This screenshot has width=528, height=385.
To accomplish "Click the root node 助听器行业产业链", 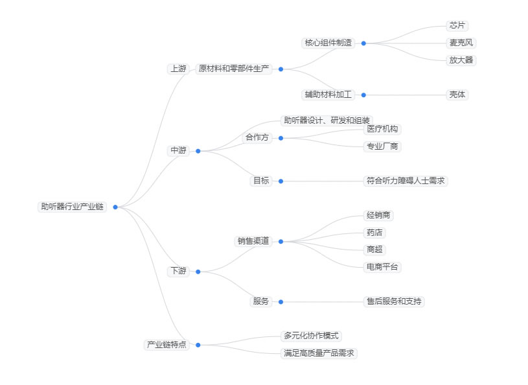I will tap(72, 207).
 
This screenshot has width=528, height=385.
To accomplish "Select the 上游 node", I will tap(178, 69).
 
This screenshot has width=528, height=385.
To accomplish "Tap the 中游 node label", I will tap(178, 150).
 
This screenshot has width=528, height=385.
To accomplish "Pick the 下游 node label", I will tap(178, 271).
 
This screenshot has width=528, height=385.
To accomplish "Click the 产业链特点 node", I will tap(166, 345).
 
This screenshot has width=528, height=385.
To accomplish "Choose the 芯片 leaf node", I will tap(457, 26).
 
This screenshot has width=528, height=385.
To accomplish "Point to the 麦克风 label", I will tap(463, 43).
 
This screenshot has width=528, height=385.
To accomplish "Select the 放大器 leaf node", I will tap(461, 60).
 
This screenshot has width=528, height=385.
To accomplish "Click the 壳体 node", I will tap(457, 95).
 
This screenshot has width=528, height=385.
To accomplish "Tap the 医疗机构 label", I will tap(382, 129).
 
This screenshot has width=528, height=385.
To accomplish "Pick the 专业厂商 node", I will tap(382, 146).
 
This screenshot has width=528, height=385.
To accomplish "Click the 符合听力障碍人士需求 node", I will tap(406, 181).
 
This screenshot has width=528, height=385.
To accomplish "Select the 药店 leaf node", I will tap(374, 232).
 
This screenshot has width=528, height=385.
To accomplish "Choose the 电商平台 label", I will tap(382, 266).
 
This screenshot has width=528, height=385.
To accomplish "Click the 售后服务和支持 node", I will tap(394, 301).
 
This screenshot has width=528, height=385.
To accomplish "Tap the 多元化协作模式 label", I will tap(311, 336).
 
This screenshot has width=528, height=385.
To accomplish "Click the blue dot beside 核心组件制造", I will tap(363, 43).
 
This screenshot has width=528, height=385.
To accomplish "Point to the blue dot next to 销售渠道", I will tap(281, 241).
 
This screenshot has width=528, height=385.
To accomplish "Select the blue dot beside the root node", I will tap(115, 207).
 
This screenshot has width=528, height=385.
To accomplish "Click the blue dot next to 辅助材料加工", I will tap(363, 95).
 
